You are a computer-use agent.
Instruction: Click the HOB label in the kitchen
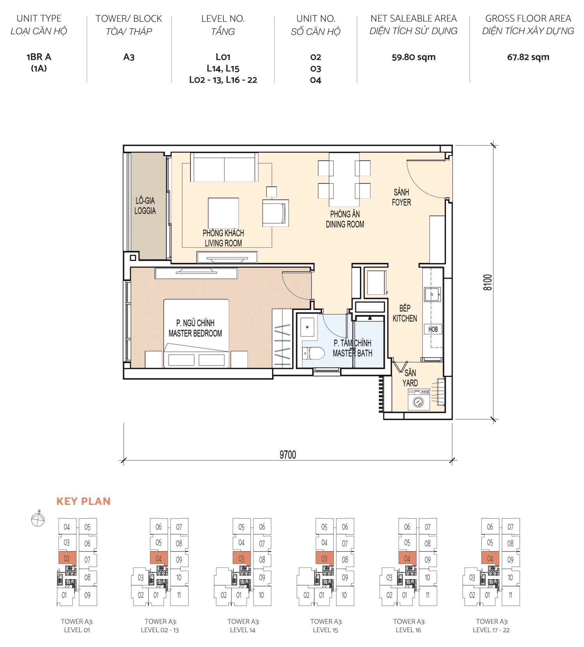coord(433,329)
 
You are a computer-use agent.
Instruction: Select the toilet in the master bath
coord(314,353)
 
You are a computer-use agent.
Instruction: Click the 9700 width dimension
coord(288,455)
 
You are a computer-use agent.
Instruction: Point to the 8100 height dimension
coord(488,283)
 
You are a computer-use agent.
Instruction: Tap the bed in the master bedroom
coord(196,333)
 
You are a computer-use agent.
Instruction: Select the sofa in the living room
coord(224,167)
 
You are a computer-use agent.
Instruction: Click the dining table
coord(344,180)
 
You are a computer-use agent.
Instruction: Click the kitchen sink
coord(433,295)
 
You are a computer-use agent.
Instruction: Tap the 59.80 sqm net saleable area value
coord(413,57)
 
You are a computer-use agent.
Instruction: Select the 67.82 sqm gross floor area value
coord(528,57)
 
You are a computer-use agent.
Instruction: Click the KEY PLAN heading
coord(84,501)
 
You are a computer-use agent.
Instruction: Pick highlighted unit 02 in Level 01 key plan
coord(67,558)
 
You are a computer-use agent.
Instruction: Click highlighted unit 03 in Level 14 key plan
coord(241,558)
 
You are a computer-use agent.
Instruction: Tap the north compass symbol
coord(38,520)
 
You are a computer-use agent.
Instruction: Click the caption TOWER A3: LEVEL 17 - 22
coord(491,626)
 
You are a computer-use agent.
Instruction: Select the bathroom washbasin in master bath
coord(308,327)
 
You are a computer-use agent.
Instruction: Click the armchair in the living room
coord(275,213)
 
